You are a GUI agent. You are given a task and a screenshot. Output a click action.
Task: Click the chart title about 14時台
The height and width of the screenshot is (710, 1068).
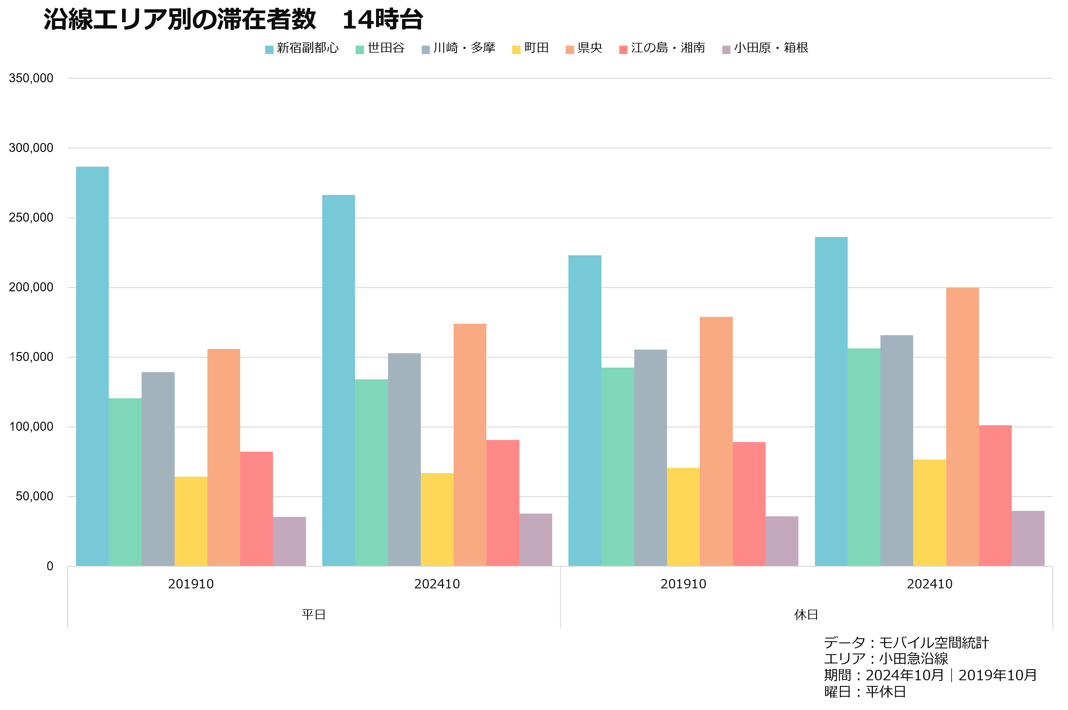(x=233, y=20)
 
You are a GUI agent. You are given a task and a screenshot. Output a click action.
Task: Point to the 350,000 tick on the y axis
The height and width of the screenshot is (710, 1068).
(x=31, y=78)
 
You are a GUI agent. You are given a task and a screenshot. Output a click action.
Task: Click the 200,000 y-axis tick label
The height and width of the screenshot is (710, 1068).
(x=31, y=287)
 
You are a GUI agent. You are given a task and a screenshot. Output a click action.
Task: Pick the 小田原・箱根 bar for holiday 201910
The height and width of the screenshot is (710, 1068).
(x=782, y=541)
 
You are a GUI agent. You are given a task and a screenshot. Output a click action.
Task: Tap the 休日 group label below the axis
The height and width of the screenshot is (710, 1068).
(x=806, y=614)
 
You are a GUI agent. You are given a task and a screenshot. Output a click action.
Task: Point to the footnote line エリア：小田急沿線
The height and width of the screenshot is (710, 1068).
(x=886, y=658)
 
